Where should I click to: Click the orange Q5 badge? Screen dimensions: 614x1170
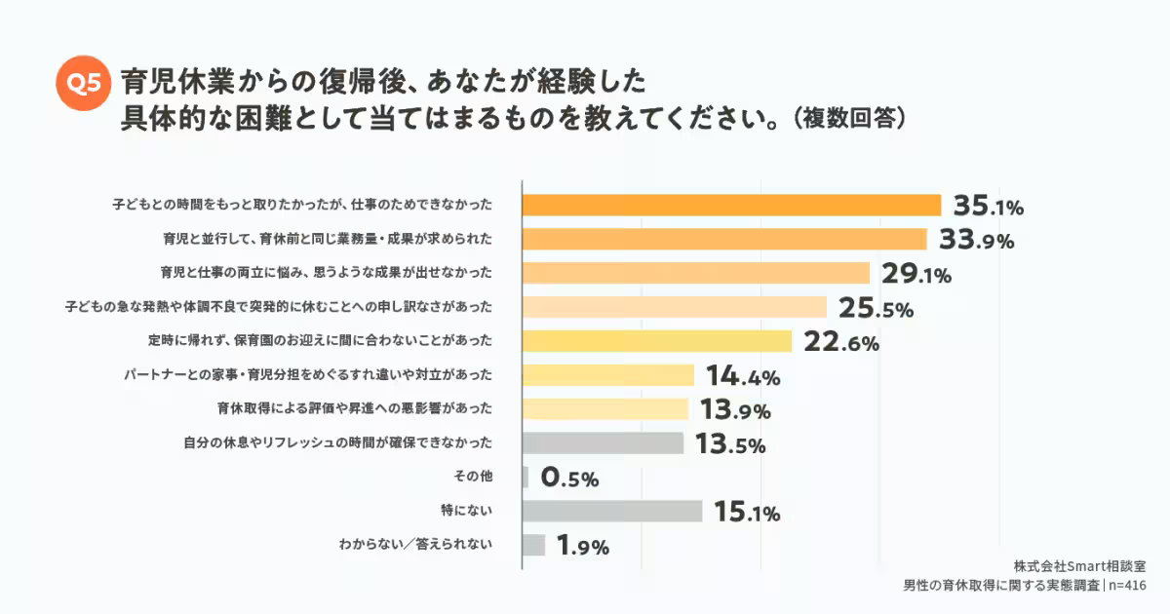point(81,85)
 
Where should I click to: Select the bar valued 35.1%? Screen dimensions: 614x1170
point(731,205)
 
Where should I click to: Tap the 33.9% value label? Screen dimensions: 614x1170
point(976,240)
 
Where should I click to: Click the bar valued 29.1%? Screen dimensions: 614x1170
point(695,273)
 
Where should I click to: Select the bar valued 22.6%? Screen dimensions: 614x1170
point(656,341)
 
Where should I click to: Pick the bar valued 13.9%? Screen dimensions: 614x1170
point(605,409)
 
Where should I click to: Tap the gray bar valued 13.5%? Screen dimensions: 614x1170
point(603,443)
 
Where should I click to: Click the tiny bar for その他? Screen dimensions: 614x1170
point(526,478)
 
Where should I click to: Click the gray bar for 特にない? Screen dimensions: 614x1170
point(612,511)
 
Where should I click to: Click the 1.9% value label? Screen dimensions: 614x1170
point(582,547)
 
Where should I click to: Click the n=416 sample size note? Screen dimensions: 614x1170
point(1127,585)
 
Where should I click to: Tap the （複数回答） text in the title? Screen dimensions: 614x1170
point(851,119)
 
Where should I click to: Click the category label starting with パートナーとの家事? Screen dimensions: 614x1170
point(307,375)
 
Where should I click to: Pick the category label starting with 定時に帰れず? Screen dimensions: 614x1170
point(320,341)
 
